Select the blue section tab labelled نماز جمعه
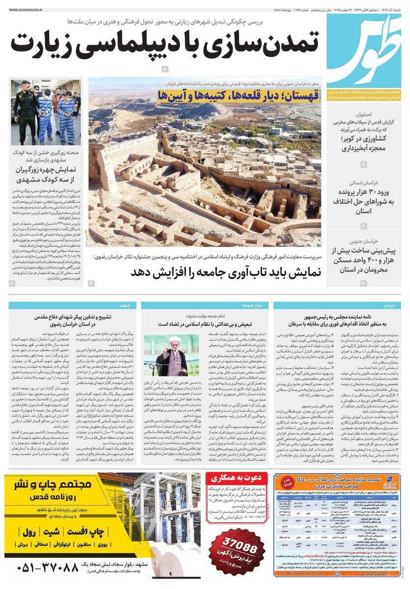tap(252, 305)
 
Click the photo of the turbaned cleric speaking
tap(172, 355)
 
